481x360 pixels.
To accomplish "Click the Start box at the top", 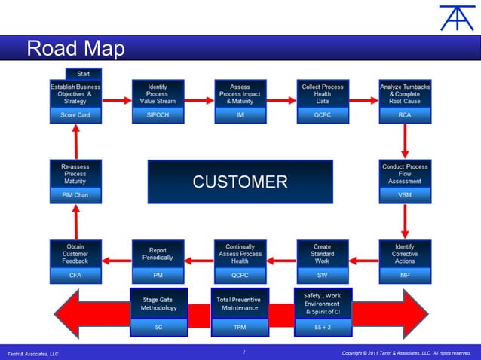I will pyautogui.click(x=83, y=74).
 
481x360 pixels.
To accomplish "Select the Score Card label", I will pyautogui.click(x=75, y=115).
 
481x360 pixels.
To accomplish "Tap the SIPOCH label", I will pyautogui.click(x=158, y=115).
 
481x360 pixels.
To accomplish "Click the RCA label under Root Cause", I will pyautogui.click(x=405, y=115).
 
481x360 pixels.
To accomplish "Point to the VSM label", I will pyautogui.click(x=405, y=194).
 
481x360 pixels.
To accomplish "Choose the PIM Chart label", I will pyautogui.click(x=75, y=194).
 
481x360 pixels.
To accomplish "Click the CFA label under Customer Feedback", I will pyautogui.click(x=75, y=276).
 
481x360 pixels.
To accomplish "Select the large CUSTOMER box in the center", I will pyautogui.click(x=240, y=182).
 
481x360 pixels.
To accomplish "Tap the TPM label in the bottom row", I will pyautogui.click(x=240, y=328).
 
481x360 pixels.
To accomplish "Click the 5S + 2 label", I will pyautogui.click(x=322, y=328).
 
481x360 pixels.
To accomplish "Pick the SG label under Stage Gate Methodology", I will pyautogui.click(x=158, y=328).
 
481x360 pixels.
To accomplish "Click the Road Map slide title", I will pyautogui.click(x=75, y=49).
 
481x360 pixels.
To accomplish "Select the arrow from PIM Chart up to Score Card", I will pyautogui.click(x=75, y=141).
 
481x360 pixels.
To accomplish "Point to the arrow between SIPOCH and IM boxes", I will pyautogui.click(x=198, y=100).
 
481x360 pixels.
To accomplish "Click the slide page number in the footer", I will pyautogui.click(x=244, y=352).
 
